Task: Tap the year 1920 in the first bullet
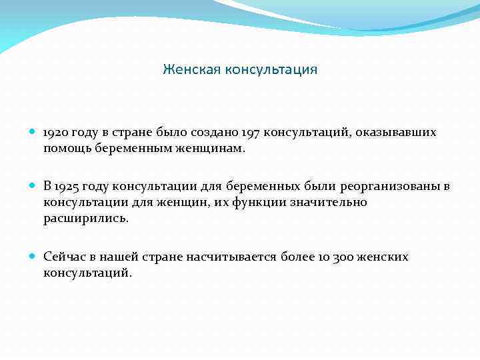click(57, 133)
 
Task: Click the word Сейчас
click(64, 257)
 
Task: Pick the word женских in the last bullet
click(384, 257)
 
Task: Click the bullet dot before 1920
click(33, 133)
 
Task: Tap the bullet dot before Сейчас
click(33, 257)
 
